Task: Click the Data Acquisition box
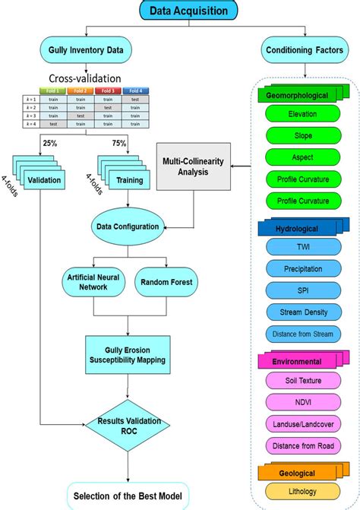[x=189, y=10]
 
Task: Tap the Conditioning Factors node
[x=304, y=51]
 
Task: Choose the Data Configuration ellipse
[x=128, y=226]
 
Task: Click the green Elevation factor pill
[x=302, y=114]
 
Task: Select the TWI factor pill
[x=302, y=247]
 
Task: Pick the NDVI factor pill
[x=302, y=401]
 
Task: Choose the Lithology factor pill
[x=302, y=491]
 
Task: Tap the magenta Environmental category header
[x=297, y=361]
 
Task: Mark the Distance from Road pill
[x=302, y=445]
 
